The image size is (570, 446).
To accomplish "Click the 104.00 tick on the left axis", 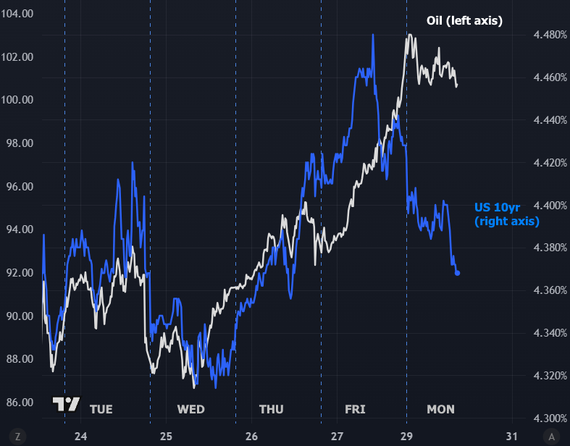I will [x=17, y=14].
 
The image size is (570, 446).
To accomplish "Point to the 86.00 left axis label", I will [x=17, y=403].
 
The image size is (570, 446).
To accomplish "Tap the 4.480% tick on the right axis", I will [x=548, y=35].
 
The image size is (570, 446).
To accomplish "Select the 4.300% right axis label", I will [x=548, y=418].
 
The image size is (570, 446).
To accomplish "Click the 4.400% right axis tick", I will [x=548, y=206].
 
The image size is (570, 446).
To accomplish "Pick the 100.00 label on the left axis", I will [x=17, y=100].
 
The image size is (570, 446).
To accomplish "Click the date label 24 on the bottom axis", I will [x=80, y=437].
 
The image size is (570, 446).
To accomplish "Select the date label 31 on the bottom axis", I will [x=511, y=437].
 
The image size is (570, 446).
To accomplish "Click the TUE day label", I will [x=101, y=410].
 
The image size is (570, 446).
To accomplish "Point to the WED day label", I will [x=190, y=410].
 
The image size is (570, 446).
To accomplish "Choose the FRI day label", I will [x=355, y=410].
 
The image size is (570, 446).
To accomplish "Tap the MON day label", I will [x=440, y=410].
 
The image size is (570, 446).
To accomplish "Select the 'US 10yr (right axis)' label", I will [x=507, y=214].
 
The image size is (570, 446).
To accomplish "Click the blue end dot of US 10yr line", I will [x=458, y=273].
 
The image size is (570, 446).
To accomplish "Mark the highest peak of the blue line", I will [x=373, y=35].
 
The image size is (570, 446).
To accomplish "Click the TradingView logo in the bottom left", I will [x=66, y=405].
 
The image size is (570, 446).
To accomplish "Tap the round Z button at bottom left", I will [x=17, y=437].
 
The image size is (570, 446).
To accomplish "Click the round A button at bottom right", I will [x=552, y=437].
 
